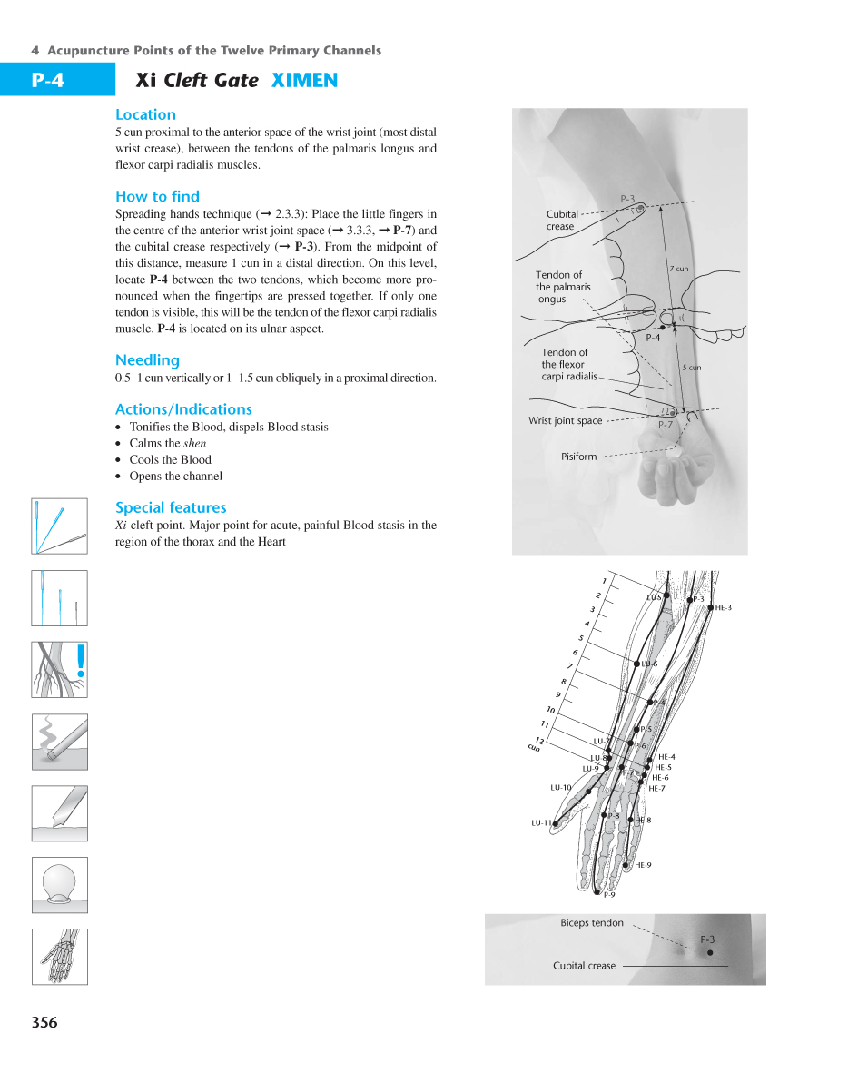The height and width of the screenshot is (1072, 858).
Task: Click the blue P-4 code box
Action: (x=47, y=80)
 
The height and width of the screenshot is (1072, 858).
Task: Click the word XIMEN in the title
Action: (x=304, y=81)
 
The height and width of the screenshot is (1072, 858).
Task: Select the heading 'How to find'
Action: (x=157, y=196)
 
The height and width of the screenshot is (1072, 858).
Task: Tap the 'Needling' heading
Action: (x=147, y=360)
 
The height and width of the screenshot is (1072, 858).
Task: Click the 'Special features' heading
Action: (x=171, y=507)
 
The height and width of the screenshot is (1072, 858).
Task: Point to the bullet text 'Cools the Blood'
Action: (x=170, y=459)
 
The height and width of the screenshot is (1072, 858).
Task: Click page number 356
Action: (x=44, y=1023)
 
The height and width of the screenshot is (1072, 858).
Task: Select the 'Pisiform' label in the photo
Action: (x=578, y=457)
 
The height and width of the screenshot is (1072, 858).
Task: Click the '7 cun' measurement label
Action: (x=678, y=269)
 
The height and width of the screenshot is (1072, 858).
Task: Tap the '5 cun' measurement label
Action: (x=691, y=368)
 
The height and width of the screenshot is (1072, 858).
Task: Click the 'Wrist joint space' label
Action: (x=565, y=421)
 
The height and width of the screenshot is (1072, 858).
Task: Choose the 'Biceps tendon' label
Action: (x=592, y=923)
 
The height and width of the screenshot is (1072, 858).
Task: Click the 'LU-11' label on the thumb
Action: (x=541, y=823)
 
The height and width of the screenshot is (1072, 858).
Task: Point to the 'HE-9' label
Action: (x=643, y=865)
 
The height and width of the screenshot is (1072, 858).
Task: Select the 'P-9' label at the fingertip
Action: (x=609, y=895)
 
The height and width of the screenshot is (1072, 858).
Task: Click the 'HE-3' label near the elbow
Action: (x=723, y=607)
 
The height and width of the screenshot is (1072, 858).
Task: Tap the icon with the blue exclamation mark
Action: (x=60, y=669)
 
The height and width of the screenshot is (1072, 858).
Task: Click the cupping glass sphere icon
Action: (x=60, y=884)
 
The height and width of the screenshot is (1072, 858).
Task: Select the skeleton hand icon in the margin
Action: (x=60, y=956)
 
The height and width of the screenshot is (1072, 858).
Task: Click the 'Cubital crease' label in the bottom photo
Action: (x=584, y=966)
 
